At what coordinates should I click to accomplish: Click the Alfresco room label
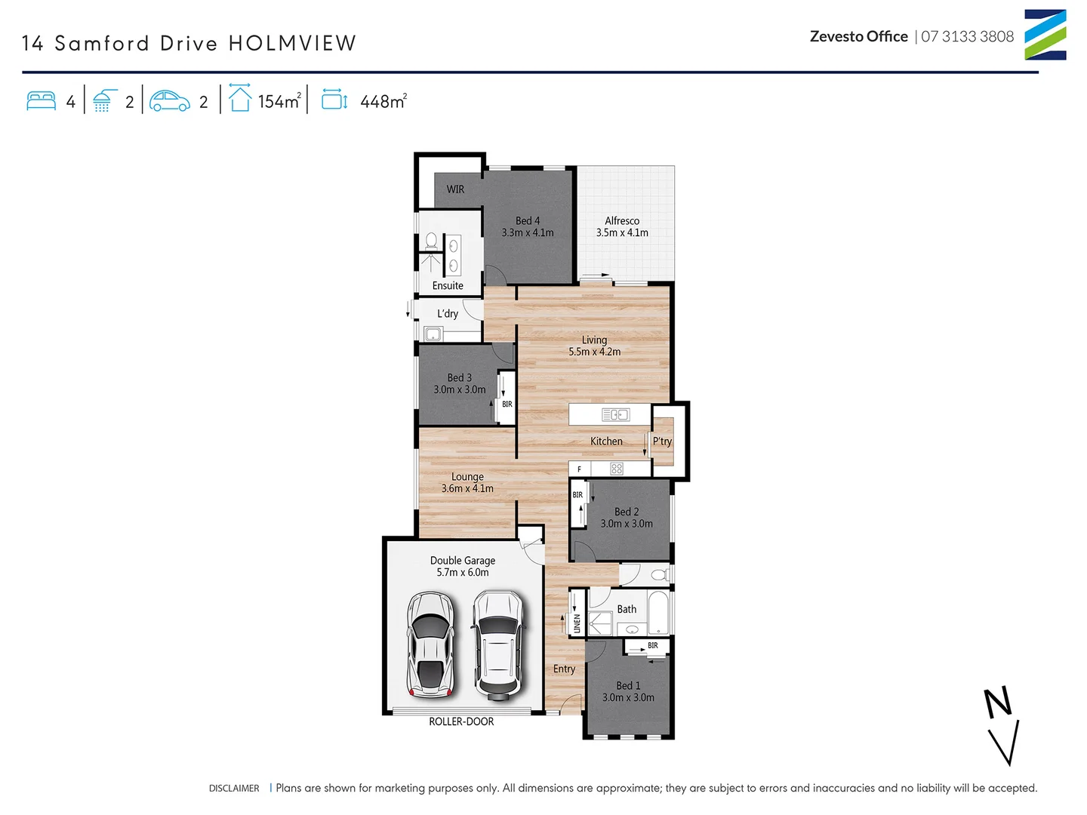coord(622,226)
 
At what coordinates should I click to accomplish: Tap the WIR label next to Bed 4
coord(455,189)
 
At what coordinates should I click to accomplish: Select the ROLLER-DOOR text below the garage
coord(461,722)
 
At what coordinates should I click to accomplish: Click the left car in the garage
coord(430,644)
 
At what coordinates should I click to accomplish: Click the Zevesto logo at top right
coord(1045,35)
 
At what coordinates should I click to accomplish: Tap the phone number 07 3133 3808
coord(967,36)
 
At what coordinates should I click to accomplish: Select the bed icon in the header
coord(41,101)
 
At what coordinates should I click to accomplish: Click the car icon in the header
coord(170,101)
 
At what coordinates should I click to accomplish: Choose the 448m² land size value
coord(383,101)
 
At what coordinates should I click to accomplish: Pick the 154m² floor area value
coord(279,101)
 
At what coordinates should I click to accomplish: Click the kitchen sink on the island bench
coord(615,414)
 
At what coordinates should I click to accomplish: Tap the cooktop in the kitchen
coord(617,469)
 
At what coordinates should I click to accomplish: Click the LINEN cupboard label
coord(577,623)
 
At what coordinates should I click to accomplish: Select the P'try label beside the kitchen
coord(662,441)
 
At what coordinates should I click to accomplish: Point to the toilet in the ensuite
coord(431,241)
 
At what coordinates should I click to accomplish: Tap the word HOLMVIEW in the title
coord(292,43)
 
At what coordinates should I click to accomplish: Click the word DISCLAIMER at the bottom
coord(234,789)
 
